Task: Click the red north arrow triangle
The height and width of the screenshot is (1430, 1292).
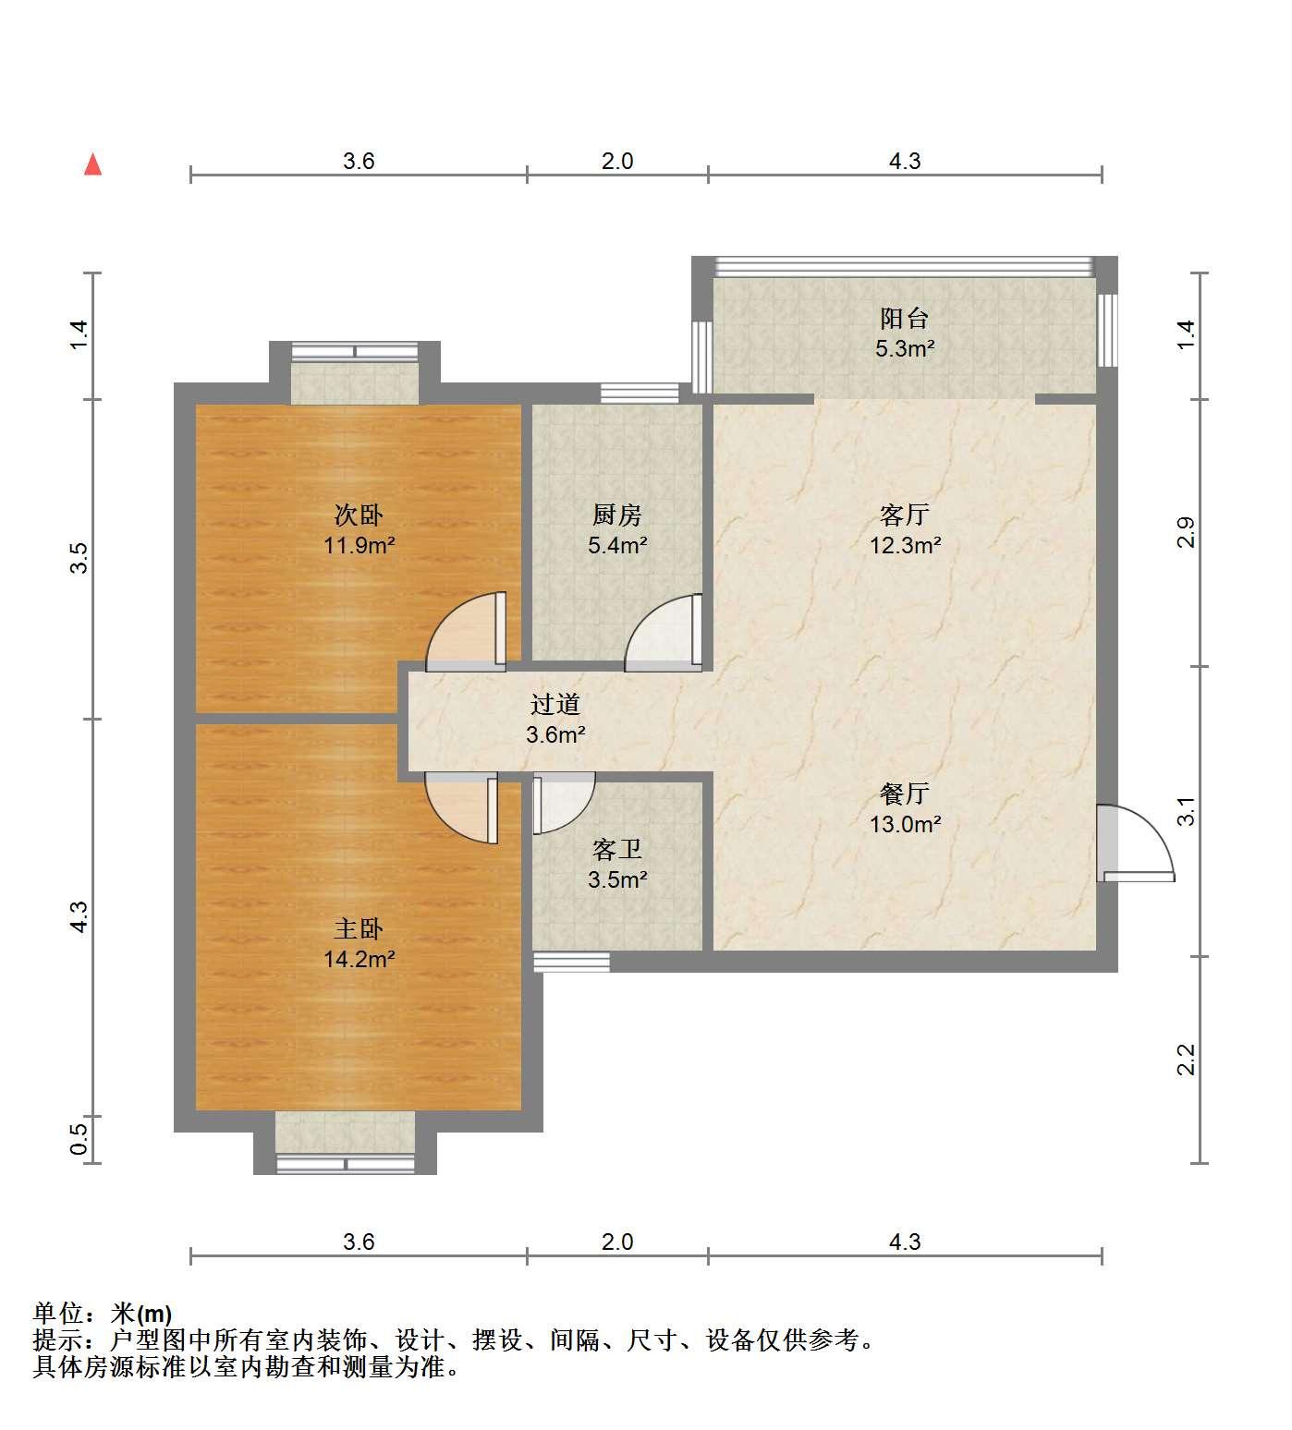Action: click(92, 164)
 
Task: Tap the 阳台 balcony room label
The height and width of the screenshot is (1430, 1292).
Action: click(905, 319)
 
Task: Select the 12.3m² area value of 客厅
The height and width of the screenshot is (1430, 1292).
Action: click(905, 545)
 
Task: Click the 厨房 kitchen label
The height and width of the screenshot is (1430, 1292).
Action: click(617, 515)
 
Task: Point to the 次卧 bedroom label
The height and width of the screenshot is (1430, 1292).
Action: click(359, 515)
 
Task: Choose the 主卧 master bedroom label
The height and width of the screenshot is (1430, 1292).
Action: click(359, 928)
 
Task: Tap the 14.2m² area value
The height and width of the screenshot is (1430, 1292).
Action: click(359, 959)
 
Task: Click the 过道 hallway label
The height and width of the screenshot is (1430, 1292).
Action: click(555, 705)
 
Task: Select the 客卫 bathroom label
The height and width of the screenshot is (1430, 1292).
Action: click(617, 849)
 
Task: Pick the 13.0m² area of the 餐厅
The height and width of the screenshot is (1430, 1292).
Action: click(905, 824)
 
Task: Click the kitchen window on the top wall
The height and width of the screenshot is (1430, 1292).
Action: click(640, 393)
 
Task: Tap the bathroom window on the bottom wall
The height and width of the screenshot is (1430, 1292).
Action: click(572, 962)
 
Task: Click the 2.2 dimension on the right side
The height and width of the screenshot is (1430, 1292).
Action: click(1186, 1060)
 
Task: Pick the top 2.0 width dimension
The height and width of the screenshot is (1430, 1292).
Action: click(617, 161)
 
